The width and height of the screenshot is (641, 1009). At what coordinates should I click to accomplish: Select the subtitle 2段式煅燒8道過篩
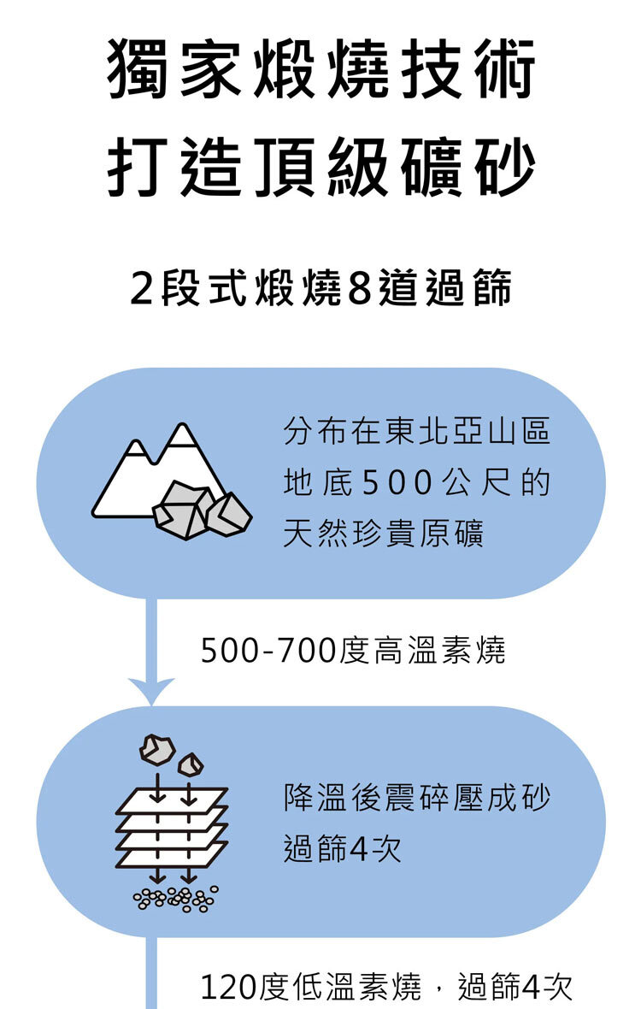(x=320, y=288)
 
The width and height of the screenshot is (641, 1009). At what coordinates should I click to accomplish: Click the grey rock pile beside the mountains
(x=202, y=510)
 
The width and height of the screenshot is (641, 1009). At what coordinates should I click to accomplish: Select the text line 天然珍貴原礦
(x=383, y=534)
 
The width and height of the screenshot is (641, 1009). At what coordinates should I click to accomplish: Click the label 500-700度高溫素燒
(x=353, y=652)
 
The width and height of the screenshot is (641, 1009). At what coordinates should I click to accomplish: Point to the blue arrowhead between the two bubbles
(x=151, y=689)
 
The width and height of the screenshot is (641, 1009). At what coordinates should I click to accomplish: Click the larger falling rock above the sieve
(x=156, y=749)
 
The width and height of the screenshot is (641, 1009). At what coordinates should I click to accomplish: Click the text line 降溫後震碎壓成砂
(x=416, y=799)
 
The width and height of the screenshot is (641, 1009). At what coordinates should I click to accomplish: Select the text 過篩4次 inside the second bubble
(x=342, y=850)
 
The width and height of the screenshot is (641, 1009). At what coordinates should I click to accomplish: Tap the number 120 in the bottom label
(x=226, y=988)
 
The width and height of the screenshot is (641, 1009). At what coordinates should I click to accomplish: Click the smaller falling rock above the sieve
(x=191, y=764)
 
